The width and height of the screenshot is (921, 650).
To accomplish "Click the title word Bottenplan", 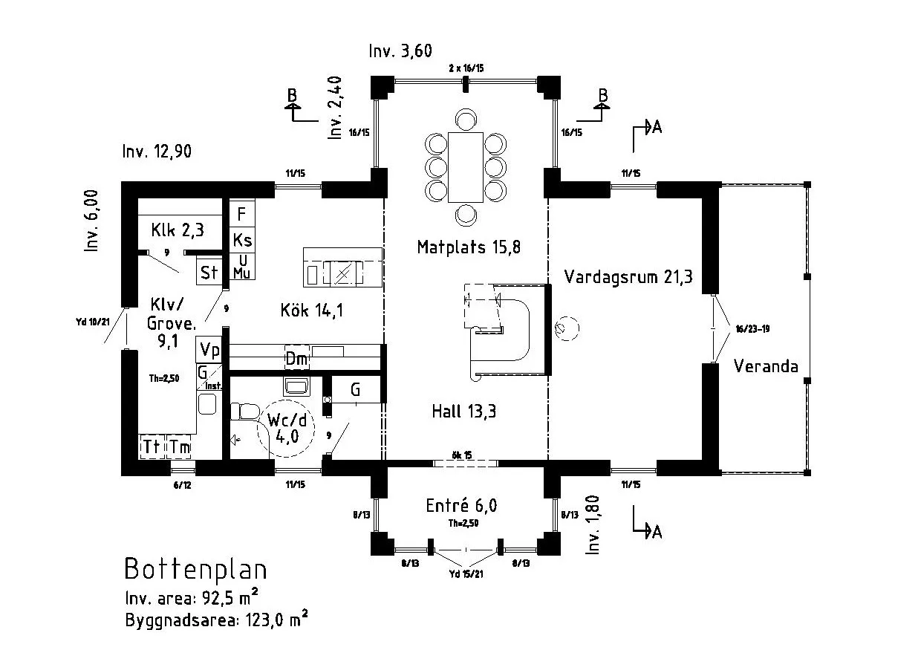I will coord(195,569).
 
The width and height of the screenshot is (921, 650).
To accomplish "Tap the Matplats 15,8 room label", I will coord(468,247).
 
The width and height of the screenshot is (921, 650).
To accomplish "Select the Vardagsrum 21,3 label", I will coord(628,277).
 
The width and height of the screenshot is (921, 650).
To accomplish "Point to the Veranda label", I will coord(766,366).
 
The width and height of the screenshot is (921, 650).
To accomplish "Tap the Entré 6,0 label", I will coord(461,506).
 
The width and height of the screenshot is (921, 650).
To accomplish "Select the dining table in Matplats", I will coord(466,167).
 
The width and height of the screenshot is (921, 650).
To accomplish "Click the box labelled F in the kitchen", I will coord(241,215).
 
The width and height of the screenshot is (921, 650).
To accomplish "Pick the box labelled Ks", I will coord(242,240).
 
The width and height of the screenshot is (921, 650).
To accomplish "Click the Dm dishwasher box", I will coord(297,359).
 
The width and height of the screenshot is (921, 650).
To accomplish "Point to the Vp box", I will coord(209,350).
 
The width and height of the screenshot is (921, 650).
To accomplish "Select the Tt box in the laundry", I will coord(152,446).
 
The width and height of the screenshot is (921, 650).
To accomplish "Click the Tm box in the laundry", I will coord(179,446).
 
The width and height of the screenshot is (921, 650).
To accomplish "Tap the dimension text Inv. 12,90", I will coord(157,152).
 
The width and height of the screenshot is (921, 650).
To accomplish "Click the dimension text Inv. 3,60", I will coord(400,51).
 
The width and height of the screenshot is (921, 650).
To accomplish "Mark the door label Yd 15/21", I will coord(466,574).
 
